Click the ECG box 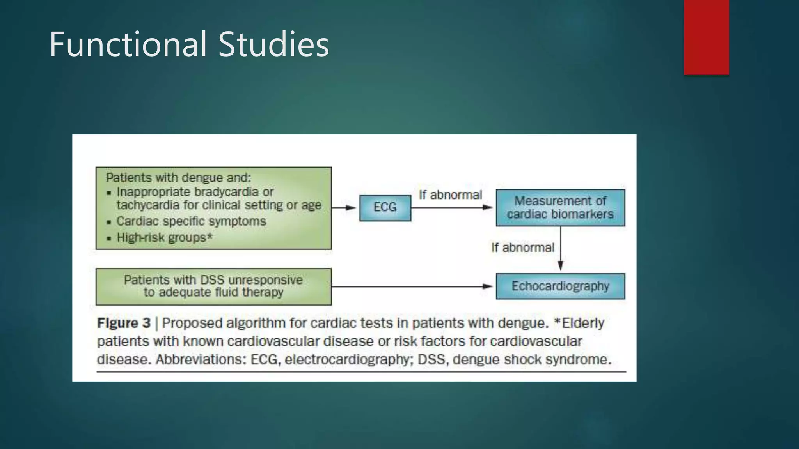tap(385, 208)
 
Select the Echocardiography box tap(560, 286)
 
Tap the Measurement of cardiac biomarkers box tap(560, 208)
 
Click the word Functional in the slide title tap(128, 44)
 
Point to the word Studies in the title tap(273, 44)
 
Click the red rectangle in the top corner tap(706, 37)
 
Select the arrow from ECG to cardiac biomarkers tap(453, 208)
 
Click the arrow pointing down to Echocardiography tap(561, 249)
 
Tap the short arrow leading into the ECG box tap(344, 208)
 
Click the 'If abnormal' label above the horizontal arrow tap(450, 194)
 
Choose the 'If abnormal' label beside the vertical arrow tap(522, 247)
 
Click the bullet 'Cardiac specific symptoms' tap(191, 221)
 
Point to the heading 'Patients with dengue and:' tap(178, 178)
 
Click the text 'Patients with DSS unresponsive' tap(213, 280)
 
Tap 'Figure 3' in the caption tap(124, 323)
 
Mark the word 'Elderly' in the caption tap(583, 323)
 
